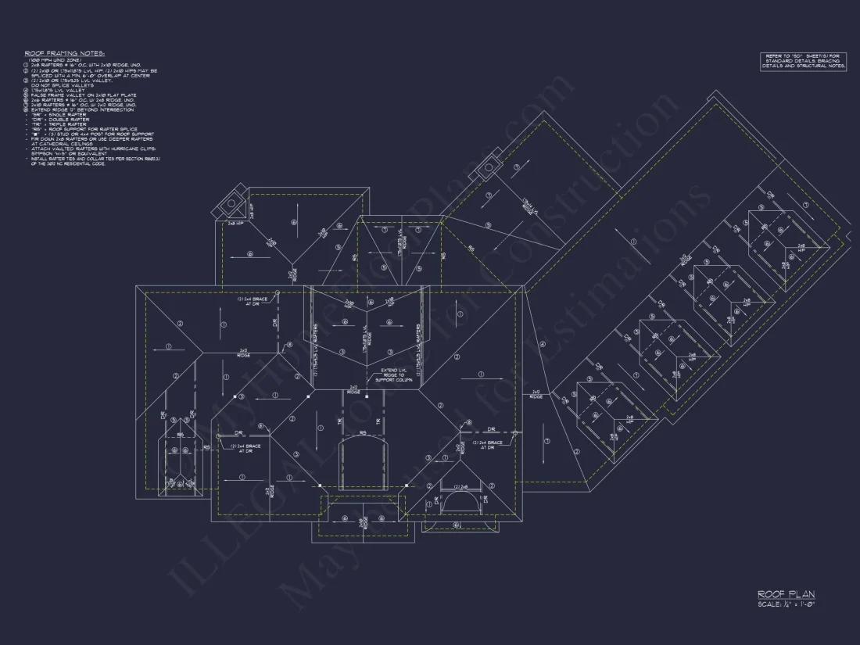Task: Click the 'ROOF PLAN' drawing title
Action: [786, 595]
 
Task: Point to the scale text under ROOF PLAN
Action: [786, 604]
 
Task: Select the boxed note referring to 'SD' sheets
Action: [803, 61]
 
